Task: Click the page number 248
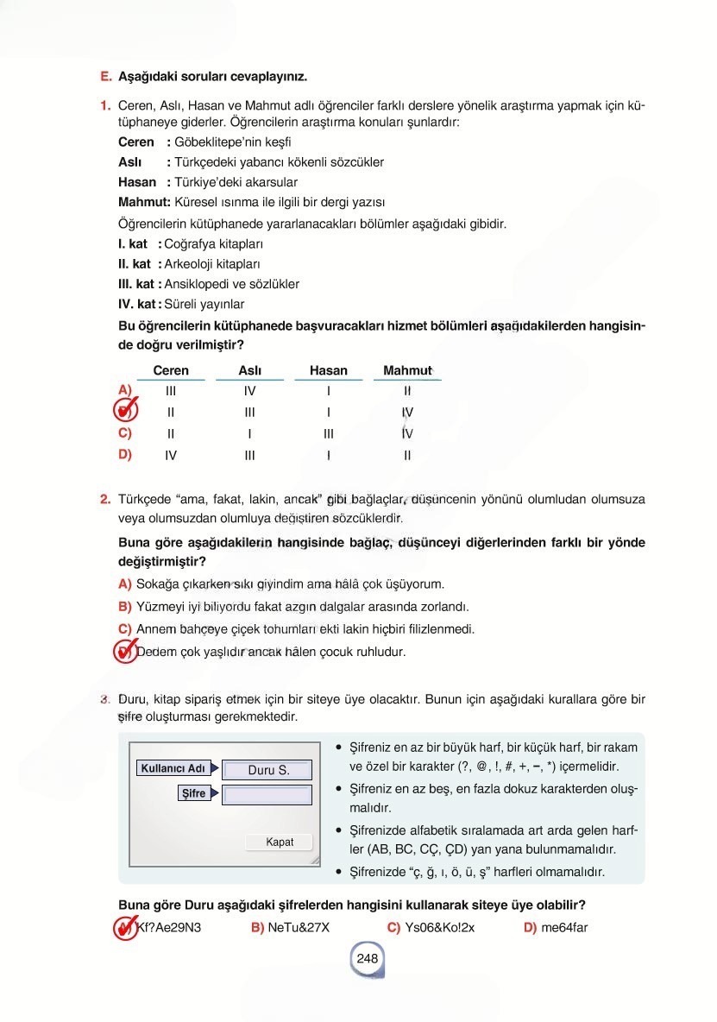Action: pyautogui.click(x=367, y=958)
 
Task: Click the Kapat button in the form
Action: pyautogui.click(x=279, y=842)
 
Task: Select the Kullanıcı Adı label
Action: pyautogui.click(x=173, y=768)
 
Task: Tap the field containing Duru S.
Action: pyautogui.click(x=267, y=770)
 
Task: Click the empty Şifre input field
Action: pyautogui.click(x=267, y=794)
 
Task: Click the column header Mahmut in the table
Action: pyautogui.click(x=407, y=370)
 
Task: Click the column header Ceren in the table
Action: pyautogui.click(x=171, y=370)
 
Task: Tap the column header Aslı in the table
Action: pyautogui.click(x=249, y=370)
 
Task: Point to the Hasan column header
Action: pyautogui.click(x=328, y=370)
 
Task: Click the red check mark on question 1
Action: pyautogui.click(x=126, y=409)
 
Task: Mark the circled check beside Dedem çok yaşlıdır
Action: pyautogui.click(x=126, y=652)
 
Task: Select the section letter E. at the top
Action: pyautogui.click(x=106, y=76)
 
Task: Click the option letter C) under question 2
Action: pyautogui.click(x=125, y=629)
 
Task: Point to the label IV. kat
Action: pyautogui.click(x=136, y=304)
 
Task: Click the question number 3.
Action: pyautogui.click(x=104, y=698)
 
